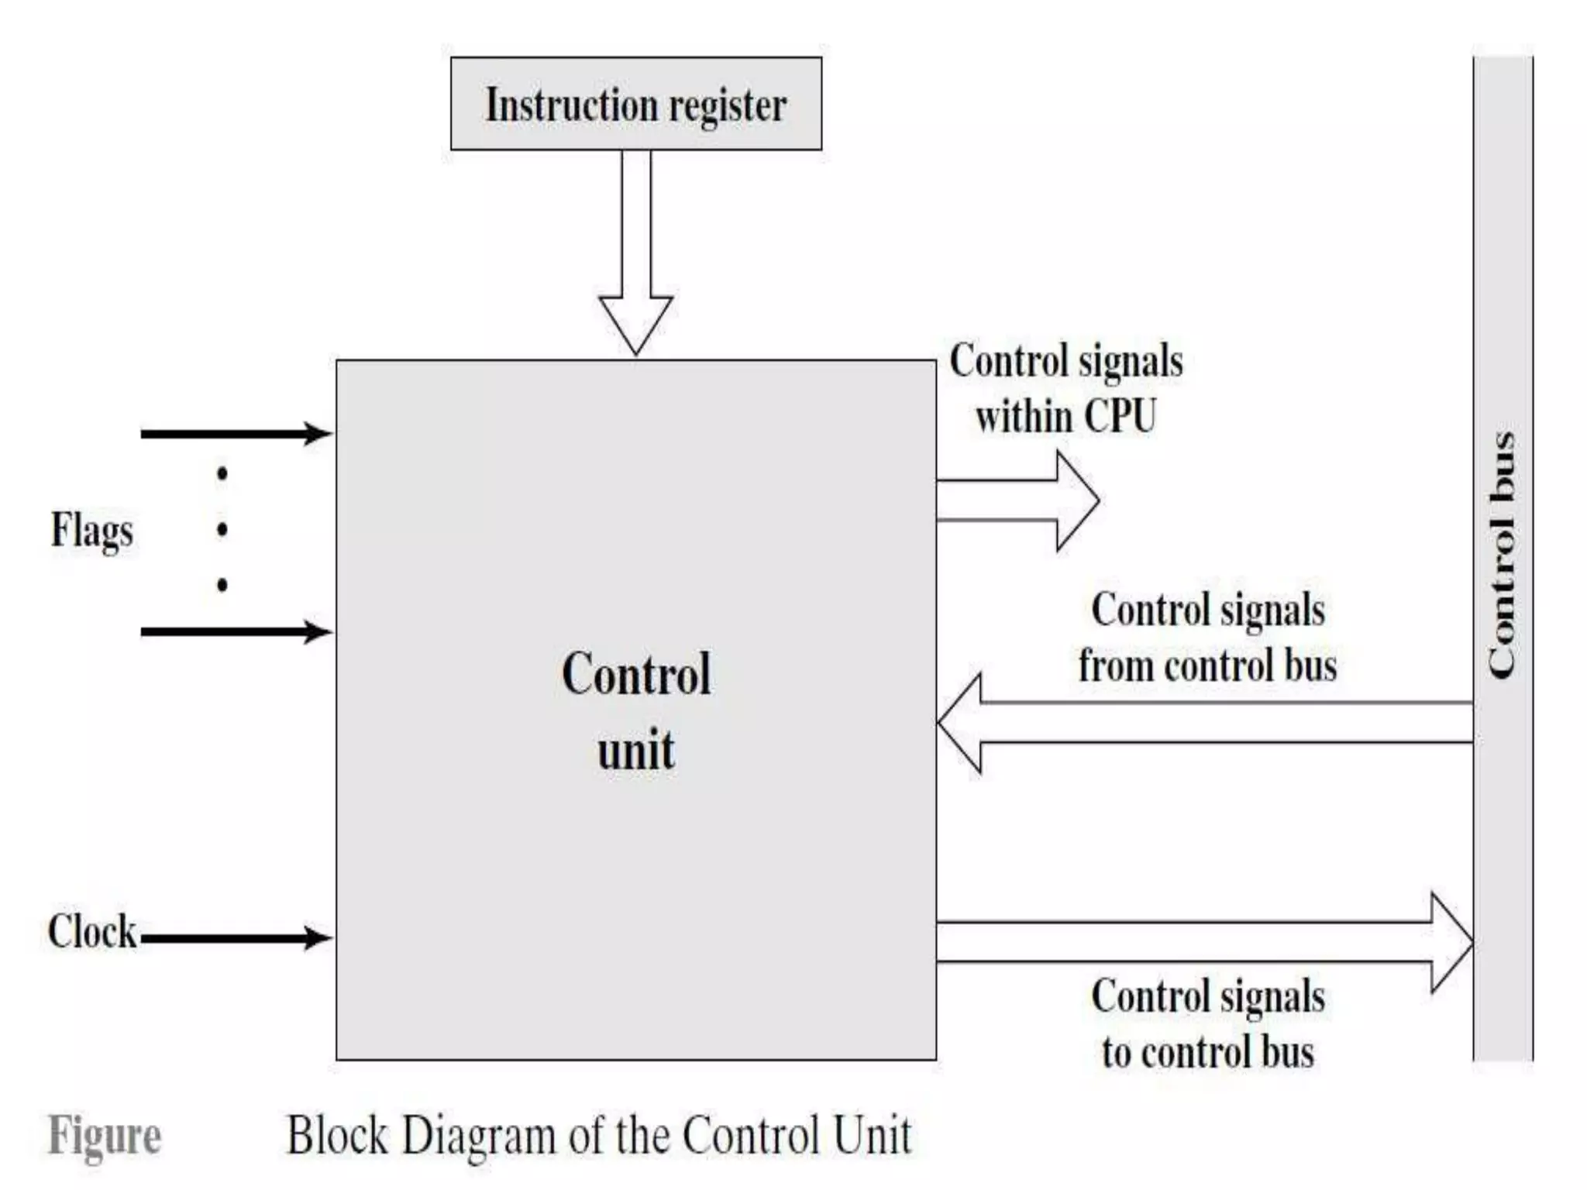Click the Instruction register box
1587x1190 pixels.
635,104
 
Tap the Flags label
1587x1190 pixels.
91,531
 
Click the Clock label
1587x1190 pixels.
91,931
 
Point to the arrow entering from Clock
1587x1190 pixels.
236,938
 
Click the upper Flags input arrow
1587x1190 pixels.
236,434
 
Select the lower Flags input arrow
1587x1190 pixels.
236,632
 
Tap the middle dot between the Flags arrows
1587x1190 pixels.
222,530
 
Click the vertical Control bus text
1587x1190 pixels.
1502,556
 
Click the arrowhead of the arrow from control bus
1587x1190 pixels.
961,723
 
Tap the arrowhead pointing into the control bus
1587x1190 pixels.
1451,942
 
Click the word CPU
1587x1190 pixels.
1120,416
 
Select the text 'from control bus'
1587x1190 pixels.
1207,666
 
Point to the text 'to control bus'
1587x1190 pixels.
1207,1052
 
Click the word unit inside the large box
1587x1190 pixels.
635,750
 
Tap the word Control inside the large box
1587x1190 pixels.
635,674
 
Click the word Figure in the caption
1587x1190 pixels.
105,1137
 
